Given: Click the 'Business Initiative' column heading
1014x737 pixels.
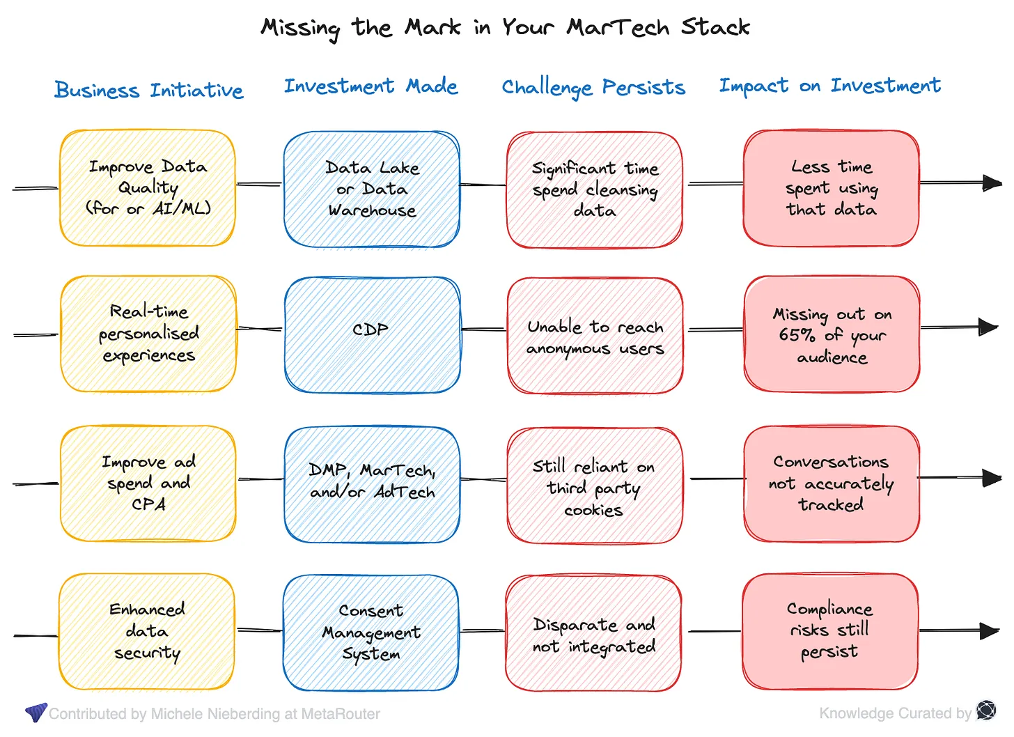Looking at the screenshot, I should click(x=149, y=91).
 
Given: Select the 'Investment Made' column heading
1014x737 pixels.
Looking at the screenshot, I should click(x=370, y=86).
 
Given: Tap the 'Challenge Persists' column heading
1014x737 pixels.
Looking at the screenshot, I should click(x=593, y=88).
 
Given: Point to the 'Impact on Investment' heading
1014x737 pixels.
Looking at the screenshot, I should click(x=829, y=86).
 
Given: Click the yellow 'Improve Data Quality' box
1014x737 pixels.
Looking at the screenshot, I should click(x=148, y=188).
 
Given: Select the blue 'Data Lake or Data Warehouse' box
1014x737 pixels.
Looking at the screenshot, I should click(x=372, y=189).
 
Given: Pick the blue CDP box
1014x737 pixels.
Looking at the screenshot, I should click(x=372, y=334).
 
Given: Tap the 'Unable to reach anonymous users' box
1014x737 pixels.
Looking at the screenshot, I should click(x=595, y=336).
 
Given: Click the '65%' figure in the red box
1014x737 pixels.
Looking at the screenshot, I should click(x=797, y=335).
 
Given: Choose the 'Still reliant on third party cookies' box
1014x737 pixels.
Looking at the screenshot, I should click(x=594, y=486).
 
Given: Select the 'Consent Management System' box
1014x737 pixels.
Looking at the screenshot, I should click(x=371, y=632).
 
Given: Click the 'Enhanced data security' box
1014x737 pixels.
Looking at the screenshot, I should click(x=147, y=631).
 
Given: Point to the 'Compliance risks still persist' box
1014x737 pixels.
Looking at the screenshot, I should click(x=829, y=630).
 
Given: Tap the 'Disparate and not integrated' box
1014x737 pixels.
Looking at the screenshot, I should click(x=593, y=633).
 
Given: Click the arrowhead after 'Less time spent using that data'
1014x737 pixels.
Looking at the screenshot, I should click(x=992, y=183).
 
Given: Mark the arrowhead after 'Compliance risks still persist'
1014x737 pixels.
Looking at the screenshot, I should click(x=990, y=631).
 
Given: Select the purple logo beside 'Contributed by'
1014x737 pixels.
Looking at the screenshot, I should click(x=36, y=712).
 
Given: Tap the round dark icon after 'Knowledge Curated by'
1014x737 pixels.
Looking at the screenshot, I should click(x=986, y=711).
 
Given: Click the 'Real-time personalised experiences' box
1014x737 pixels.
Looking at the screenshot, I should click(x=148, y=334).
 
